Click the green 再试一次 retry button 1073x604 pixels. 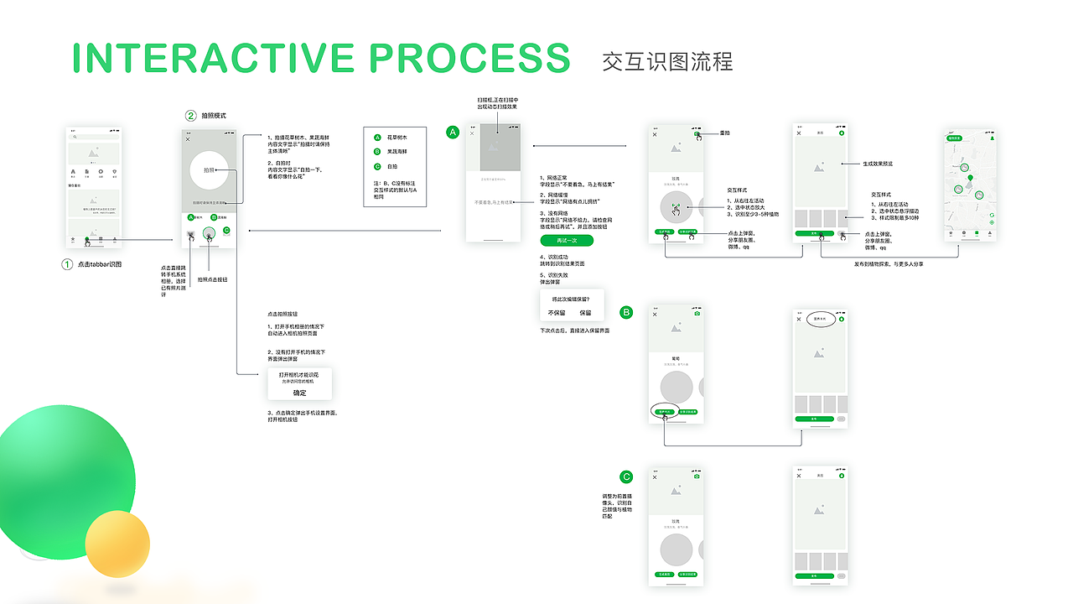pyautogui.click(x=568, y=241)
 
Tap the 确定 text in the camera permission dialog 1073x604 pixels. pyautogui.click(x=299, y=393)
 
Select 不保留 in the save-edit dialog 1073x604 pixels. pyautogui.click(x=557, y=312)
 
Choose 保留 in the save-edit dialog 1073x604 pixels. pyautogui.click(x=585, y=312)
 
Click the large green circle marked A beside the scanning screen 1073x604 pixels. pyautogui.click(x=454, y=133)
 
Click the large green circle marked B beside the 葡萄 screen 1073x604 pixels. pyautogui.click(x=626, y=312)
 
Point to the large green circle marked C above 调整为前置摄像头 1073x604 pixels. pyautogui.click(x=626, y=476)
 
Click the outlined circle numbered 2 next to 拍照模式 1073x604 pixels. pyautogui.click(x=191, y=116)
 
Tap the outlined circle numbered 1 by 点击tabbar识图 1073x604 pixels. pyautogui.click(x=68, y=264)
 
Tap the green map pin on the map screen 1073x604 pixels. pyautogui.click(x=971, y=178)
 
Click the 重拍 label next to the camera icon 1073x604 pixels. pyautogui.click(x=726, y=133)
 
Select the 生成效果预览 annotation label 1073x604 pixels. pyautogui.click(x=878, y=164)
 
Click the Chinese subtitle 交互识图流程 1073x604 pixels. pyautogui.click(x=667, y=62)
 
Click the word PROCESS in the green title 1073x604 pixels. pyautogui.click(x=469, y=58)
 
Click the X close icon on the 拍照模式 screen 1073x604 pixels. pyautogui.click(x=188, y=139)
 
